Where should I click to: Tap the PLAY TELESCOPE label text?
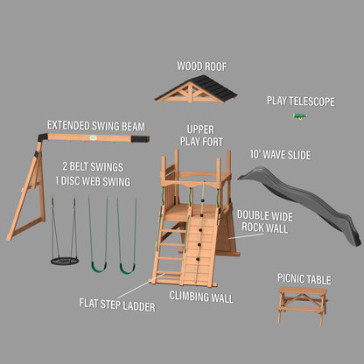[300, 101]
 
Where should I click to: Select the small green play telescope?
[300, 115]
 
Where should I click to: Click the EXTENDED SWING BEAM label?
[96, 126]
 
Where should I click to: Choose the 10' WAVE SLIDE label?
[280, 155]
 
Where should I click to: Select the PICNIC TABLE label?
[304, 279]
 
